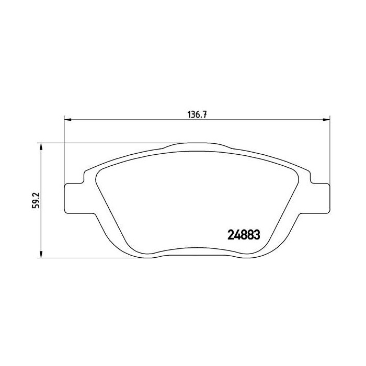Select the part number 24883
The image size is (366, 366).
243,235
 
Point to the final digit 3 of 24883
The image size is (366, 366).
257,235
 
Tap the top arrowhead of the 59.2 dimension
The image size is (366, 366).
41,146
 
